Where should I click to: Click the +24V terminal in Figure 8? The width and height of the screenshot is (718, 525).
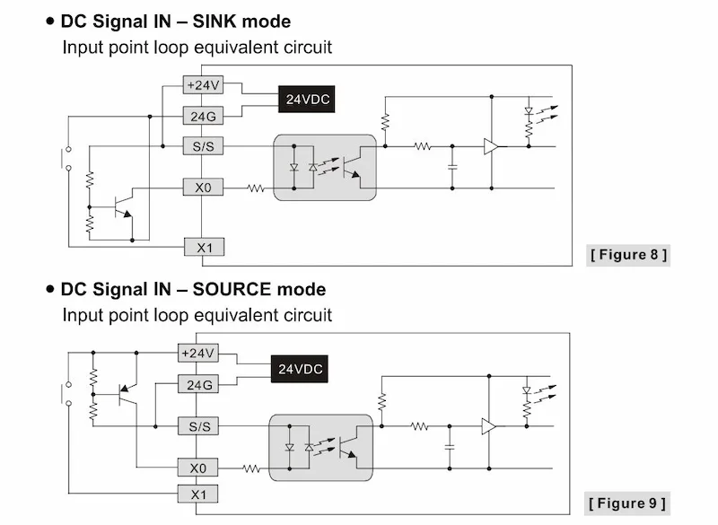[202, 85]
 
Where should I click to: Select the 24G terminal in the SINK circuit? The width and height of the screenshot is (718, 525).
[202, 116]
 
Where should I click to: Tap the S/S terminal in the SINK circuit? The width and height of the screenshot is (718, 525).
[202, 145]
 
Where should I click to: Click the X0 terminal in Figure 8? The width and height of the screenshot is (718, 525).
[202, 188]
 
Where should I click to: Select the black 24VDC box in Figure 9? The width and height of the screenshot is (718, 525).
[300, 369]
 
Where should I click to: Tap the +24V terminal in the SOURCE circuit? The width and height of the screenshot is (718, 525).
[197, 354]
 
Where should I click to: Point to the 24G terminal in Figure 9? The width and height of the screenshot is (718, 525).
[197, 385]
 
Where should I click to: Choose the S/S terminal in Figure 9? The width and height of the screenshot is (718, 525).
[197, 426]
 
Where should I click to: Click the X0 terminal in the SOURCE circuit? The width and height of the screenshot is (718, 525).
[197, 468]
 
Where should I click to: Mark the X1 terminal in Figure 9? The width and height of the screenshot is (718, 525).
[197, 494]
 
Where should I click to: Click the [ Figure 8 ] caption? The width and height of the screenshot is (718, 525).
[628, 255]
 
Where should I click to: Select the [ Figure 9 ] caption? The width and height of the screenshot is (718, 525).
[628, 503]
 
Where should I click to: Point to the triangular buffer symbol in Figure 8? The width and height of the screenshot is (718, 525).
[491, 145]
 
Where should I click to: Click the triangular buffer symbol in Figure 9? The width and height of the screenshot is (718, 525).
[488, 426]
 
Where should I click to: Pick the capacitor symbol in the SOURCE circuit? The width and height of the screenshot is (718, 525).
[448, 446]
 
